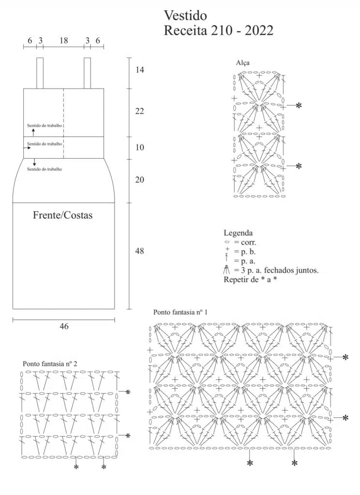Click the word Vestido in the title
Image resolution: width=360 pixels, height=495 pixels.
coord(185,15)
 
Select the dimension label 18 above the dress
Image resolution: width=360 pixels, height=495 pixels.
coord(63,40)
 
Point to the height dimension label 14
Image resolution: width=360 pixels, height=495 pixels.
coord(140,70)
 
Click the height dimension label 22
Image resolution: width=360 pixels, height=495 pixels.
coord(140,111)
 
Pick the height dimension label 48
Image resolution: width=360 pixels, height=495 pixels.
coord(139,251)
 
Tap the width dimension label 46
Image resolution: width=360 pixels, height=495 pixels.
coord(64,326)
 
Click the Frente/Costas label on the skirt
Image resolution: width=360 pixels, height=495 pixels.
coord(62,215)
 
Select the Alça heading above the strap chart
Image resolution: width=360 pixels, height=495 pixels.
coord(243,63)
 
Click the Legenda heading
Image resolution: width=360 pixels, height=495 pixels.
coord(238,233)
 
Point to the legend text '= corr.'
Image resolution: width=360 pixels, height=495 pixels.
coord(245,243)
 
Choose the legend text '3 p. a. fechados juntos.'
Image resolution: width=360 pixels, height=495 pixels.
coord(280,270)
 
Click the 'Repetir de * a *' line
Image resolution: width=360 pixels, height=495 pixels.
coord(250,280)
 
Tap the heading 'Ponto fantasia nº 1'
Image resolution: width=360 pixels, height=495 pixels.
coord(180,312)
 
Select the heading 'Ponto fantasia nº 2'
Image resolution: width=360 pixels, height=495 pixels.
coord(50,364)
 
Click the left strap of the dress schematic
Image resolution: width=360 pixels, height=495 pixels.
coord(40,73)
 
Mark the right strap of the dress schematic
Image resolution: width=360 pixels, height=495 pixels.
coord(87,73)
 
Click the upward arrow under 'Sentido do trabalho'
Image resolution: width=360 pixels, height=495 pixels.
coord(33,132)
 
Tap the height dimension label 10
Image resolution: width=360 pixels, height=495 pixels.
coord(140,147)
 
